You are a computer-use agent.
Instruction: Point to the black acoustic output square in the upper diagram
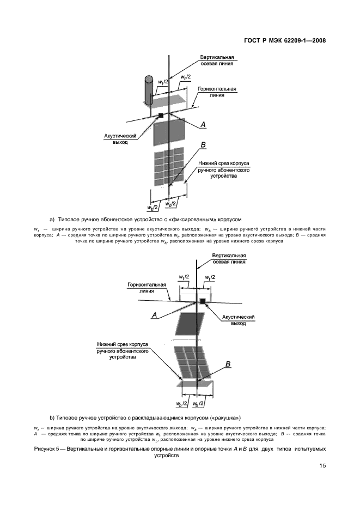coord(161,115)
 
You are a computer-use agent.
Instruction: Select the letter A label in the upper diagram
coord(203,125)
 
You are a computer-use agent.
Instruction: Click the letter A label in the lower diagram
coord(154,315)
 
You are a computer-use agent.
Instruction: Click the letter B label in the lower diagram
coord(228,363)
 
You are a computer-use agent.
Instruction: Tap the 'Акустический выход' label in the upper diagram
coord(117,138)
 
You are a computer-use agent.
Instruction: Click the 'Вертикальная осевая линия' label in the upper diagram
coord(217,59)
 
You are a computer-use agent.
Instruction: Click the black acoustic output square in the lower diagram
coord(203,301)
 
